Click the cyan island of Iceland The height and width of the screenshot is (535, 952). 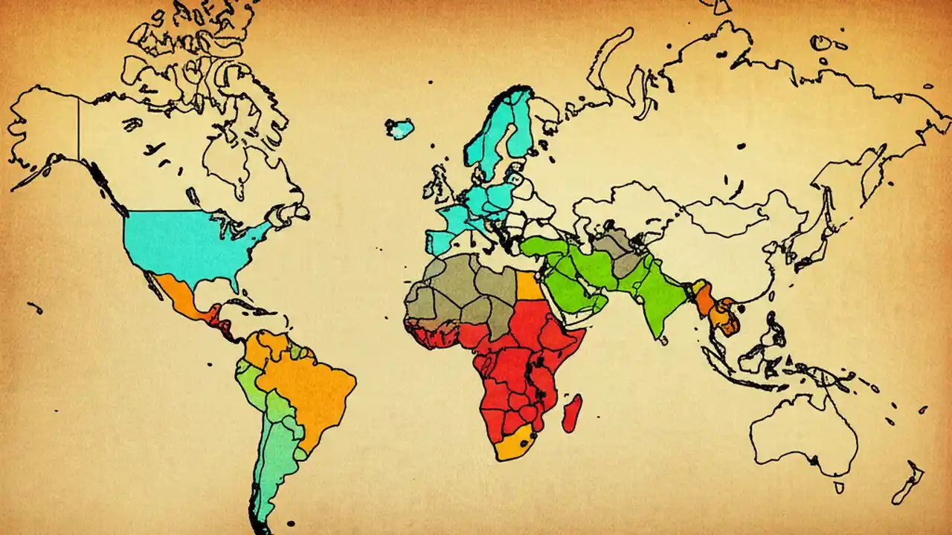click(400, 129)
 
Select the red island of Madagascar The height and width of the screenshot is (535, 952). click(572, 413)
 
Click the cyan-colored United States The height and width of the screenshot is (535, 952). click(186, 241)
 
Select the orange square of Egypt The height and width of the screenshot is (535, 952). click(529, 286)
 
